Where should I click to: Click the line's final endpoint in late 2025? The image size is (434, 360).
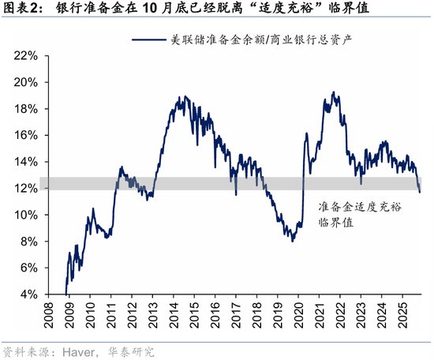(420, 192)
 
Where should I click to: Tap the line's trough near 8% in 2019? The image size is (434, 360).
(293, 241)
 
